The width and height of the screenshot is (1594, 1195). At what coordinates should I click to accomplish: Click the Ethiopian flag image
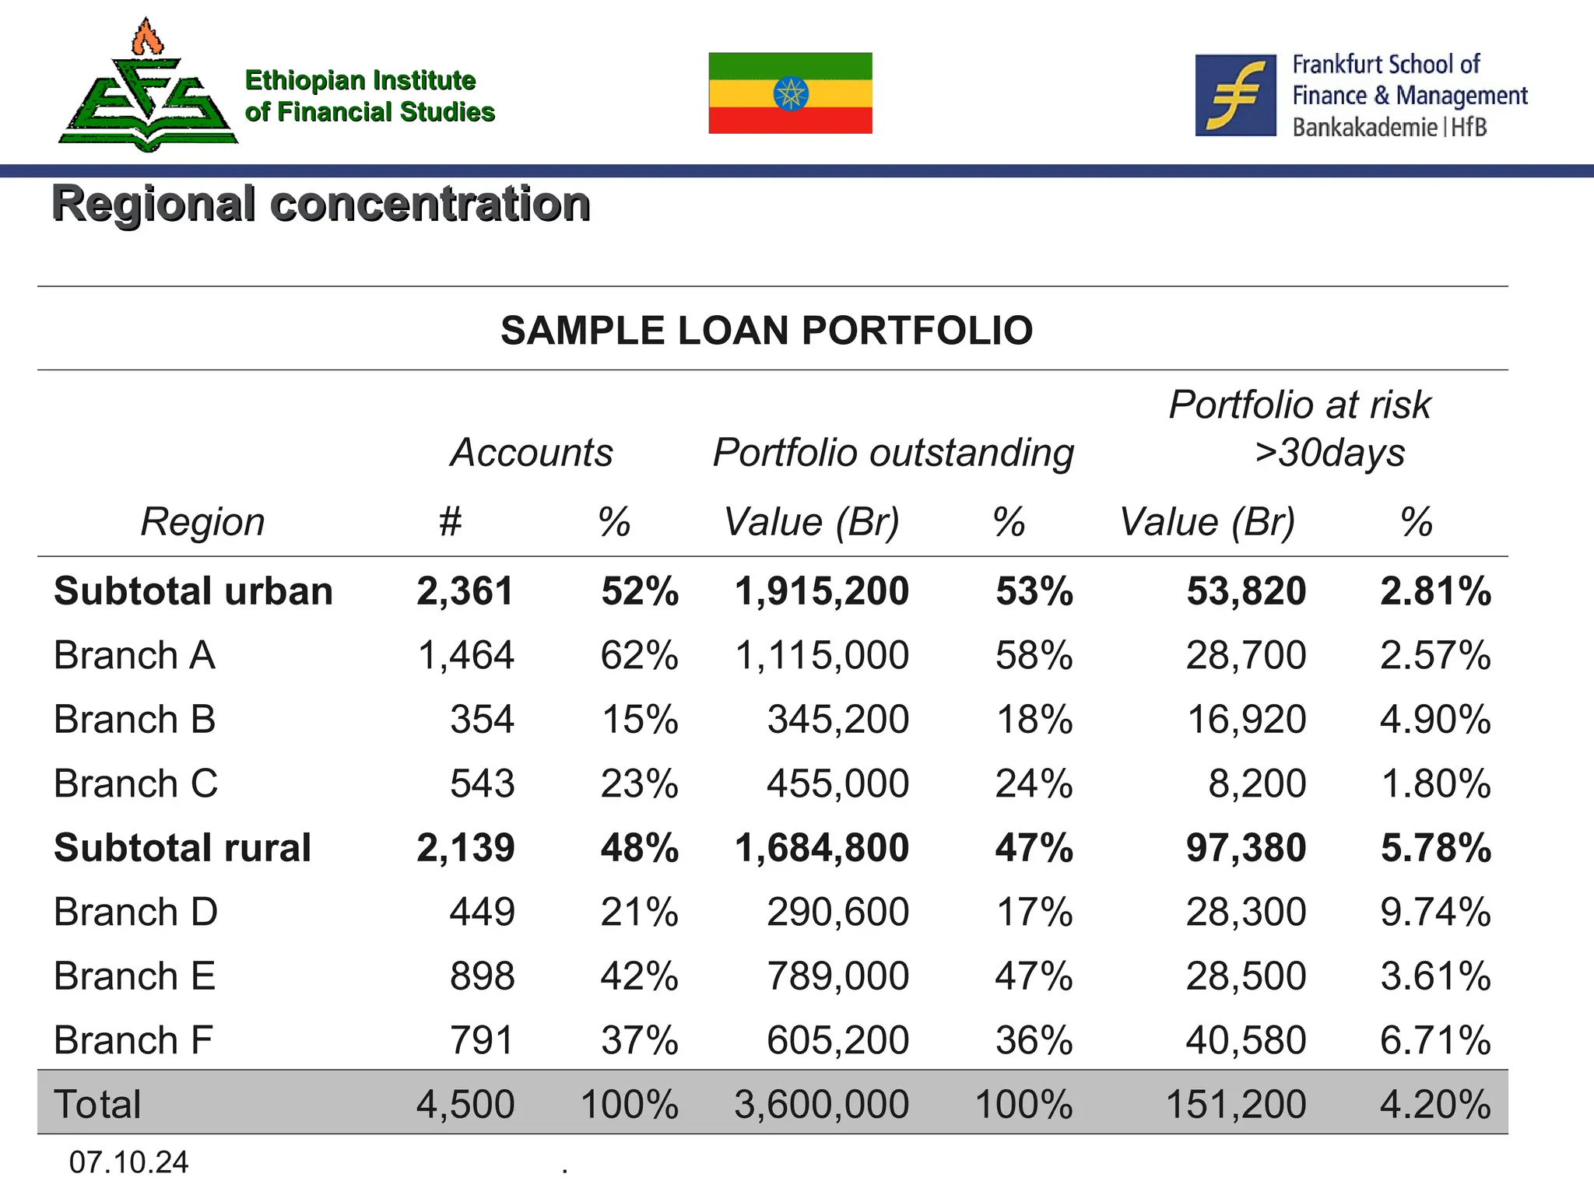tap(790, 93)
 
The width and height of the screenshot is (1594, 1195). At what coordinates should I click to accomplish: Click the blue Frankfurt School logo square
tap(1235, 95)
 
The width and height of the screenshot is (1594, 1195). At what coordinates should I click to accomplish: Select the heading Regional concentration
tap(321, 204)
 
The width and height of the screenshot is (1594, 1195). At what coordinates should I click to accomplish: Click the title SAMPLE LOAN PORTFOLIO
tap(767, 330)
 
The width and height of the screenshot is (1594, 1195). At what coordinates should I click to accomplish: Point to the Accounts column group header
tap(532, 452)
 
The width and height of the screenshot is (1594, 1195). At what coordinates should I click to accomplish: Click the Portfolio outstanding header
tap(893, 452)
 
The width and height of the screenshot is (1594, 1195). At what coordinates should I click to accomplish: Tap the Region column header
tap(202, 521)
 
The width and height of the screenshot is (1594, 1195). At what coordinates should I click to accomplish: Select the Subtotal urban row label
tap(193, 591)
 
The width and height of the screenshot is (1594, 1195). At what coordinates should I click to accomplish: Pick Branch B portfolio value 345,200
tap(837, 720)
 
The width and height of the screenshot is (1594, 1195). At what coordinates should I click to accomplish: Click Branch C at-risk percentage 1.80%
tap(1435, 783)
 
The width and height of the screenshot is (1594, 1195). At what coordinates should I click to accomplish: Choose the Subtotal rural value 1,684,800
tap(821, 848)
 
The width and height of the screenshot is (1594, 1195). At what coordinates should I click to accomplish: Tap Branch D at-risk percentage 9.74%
tap(1435, 912)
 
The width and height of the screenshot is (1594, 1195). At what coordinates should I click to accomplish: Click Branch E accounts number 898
tap(482, 976)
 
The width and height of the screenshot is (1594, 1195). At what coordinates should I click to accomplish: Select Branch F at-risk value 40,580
tap(1245, 1040)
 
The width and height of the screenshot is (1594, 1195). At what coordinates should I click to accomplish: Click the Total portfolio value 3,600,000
tap(821, 1105)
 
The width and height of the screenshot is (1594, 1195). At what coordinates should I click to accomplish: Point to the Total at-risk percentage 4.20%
tap(1435, 1105)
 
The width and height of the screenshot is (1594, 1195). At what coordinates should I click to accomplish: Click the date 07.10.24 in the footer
tap(128, 1162)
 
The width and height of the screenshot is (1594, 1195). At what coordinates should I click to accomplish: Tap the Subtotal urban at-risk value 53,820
tap(1245, 591)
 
